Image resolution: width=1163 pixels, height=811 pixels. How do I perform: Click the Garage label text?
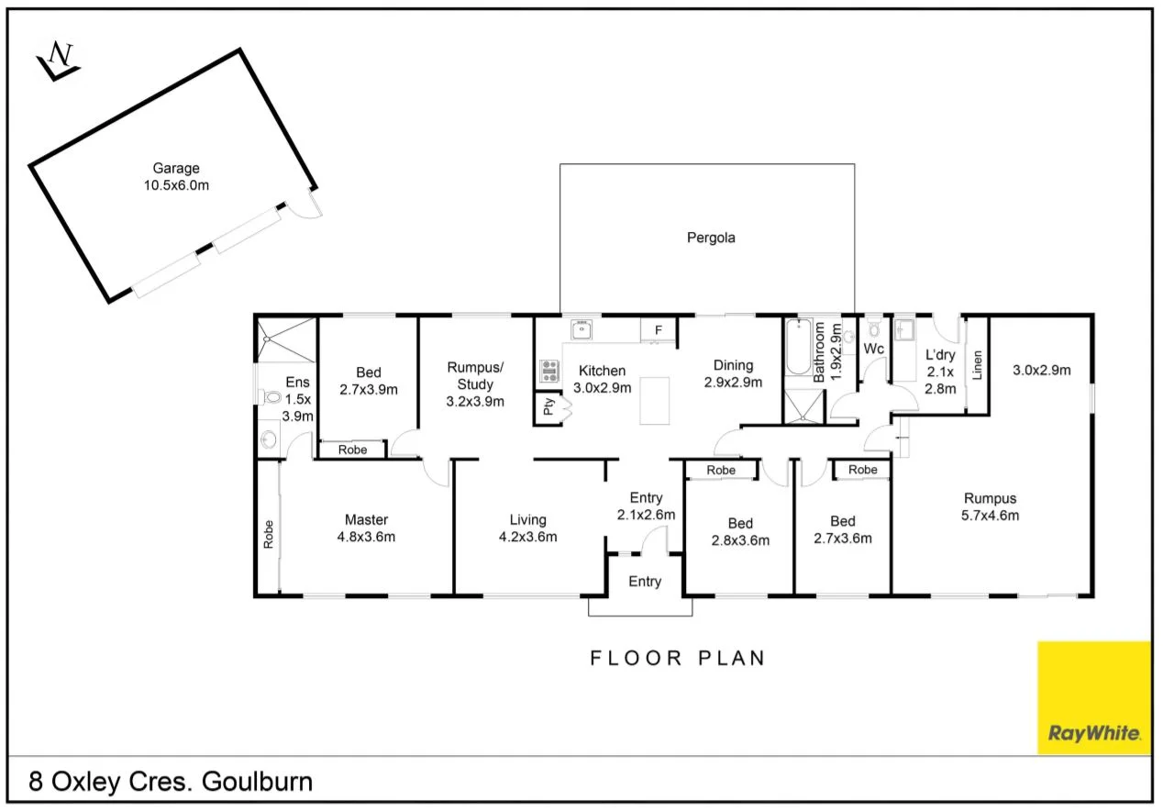click(176, 169)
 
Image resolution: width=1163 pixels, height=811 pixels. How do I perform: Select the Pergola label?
click(711, 238)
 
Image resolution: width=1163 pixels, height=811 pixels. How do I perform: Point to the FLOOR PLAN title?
click(677, 658)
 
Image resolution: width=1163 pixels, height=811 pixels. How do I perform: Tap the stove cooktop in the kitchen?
click(549, 371)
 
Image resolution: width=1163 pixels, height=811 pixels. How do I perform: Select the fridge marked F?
click(658, 330)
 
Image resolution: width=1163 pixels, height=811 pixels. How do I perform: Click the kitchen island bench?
click(655, 402)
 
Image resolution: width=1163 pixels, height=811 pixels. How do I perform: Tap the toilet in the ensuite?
click(271, 397)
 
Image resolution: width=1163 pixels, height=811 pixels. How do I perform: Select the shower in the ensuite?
click(285, 339)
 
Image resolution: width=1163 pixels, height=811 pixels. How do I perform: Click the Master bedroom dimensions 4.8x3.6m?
click(366, 537)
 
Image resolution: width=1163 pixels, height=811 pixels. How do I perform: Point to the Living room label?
click(527, 520)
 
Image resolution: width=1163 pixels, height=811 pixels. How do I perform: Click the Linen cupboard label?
click(978, 365)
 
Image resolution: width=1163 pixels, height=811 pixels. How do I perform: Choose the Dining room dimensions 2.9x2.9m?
click(733, 383)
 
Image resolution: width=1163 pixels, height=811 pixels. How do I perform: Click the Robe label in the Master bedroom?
click(268, 534)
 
